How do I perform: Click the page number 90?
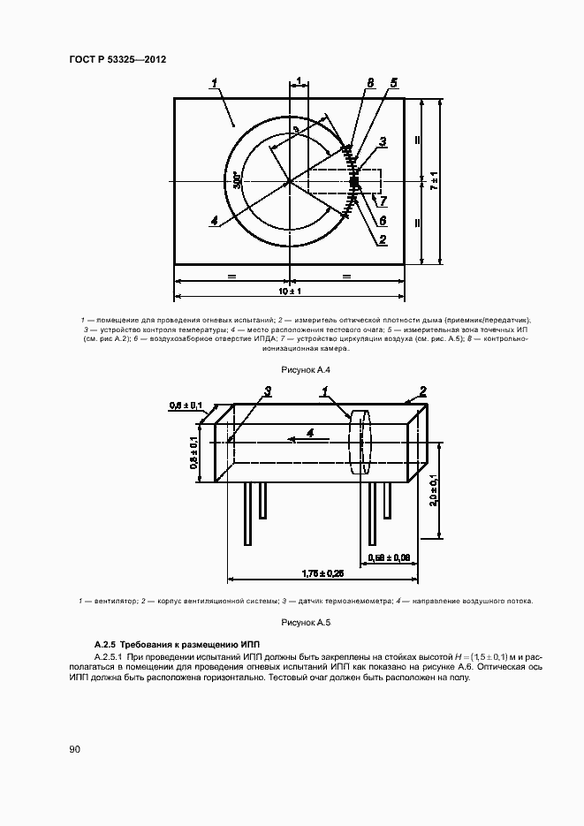(x=74, y=749)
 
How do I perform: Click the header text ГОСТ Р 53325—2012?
(x=118, y=59)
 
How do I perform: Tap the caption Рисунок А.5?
(x=292, y=623)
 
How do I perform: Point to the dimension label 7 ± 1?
(x=434, y=181)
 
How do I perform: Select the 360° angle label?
(x=237, y=180)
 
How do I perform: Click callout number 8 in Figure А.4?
(x=370, y=83)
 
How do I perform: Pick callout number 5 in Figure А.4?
(x=393, y=83)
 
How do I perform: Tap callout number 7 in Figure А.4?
(x=383, y=201)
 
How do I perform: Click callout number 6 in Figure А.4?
(x=383, y=220)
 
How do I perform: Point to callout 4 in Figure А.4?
(x=214, y=221)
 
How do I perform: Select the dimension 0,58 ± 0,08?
(x=388, y=557)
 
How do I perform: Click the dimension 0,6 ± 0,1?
(x=186, y=405)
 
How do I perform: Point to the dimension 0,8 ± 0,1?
(x=193, y=451)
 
